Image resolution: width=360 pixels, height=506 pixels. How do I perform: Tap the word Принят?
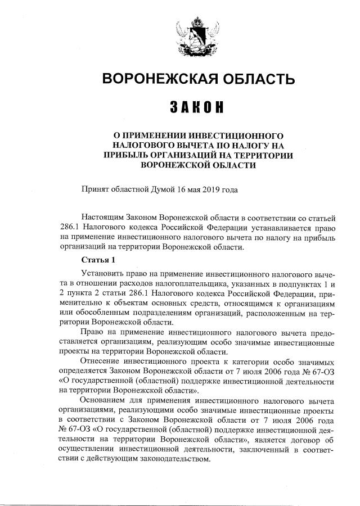(96, 189)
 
